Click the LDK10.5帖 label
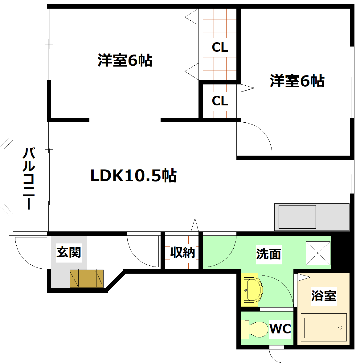tap(133, 176)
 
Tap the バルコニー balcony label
tap(29, 179)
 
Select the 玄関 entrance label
tap(68, 252)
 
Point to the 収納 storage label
tap(182, 252)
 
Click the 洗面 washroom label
tap(268, 254)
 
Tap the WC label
tap(280, 328)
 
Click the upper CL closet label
tap(220, 47)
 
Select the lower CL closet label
tap(220, 101)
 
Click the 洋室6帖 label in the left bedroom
tap(125, 60)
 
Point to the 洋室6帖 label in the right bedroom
tap(297, 81)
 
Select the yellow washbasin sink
tap(252, 290)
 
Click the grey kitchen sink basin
tap(297, 217)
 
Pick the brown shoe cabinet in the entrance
tap(87, 279)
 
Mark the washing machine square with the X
tap(318, 253)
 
